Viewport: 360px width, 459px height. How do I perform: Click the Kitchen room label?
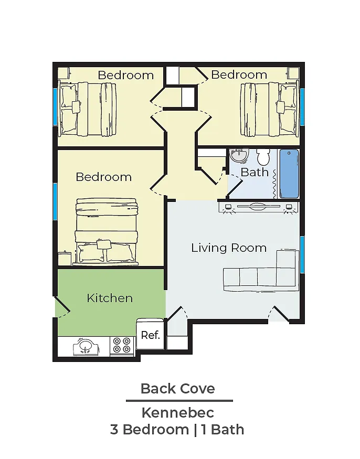point(110,298)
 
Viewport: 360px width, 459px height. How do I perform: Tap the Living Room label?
point(229,248)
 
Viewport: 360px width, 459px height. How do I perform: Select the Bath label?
point(255,172)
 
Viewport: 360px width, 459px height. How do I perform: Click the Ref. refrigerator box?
point(150,334)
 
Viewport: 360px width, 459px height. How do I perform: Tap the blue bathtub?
point(289,174)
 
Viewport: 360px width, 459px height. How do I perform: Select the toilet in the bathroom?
point(263,157)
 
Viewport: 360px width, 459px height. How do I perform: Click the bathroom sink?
point(239,155)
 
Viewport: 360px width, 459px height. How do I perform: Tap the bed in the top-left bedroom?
point(88,109)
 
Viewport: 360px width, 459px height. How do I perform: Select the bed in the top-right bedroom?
point(270,109)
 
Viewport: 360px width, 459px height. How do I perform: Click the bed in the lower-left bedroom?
point(107,231)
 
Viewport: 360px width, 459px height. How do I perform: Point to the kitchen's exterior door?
point(62,307)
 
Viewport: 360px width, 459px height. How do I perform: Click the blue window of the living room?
point(302,254)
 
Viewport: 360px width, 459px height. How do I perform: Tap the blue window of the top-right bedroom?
point(302,107)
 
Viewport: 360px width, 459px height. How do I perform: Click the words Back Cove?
point(178,389)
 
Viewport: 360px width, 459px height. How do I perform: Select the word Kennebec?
point(178,413)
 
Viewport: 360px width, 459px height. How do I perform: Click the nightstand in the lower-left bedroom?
point(65,258)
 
